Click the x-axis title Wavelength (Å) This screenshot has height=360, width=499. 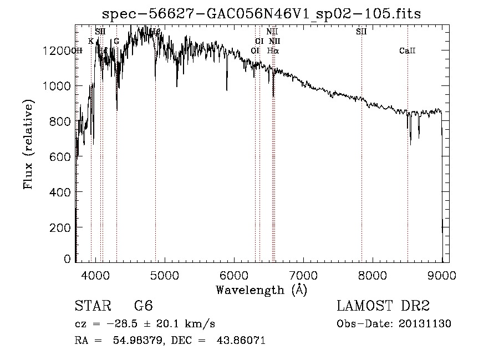(261, 290)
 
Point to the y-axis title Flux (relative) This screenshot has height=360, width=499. (28, 144)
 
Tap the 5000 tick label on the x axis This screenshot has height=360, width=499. (165, 274)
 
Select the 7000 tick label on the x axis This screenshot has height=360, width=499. (303, 274)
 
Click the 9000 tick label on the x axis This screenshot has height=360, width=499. (442, 274)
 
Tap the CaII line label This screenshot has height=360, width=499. (407, 51)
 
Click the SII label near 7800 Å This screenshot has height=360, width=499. (361, 32)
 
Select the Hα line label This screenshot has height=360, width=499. (273, 50)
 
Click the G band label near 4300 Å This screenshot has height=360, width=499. (116, 41)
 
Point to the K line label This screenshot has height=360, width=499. (91, 41)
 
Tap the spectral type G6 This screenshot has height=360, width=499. (144, 306)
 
